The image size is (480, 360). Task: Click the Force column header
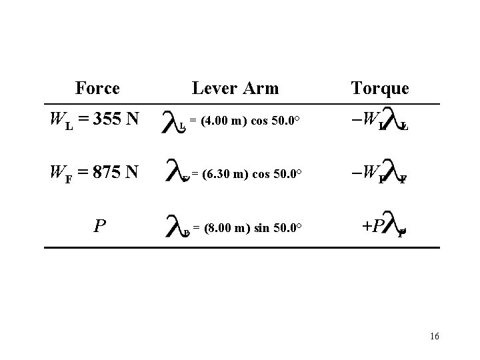click(x=97, y=88)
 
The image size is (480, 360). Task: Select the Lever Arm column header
click(x=235, y=88)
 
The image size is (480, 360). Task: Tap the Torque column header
click(x=379, y=89)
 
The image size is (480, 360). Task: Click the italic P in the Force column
click(x=99, y=227)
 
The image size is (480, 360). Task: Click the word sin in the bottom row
click(x=266, y=228)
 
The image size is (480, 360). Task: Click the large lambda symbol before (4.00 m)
click(x=173, y=119)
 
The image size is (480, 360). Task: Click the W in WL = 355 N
click(x=57, y=120)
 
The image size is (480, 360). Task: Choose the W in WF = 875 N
click(x=57, y=173)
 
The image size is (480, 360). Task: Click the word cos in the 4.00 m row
click(x=263, y=121)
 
